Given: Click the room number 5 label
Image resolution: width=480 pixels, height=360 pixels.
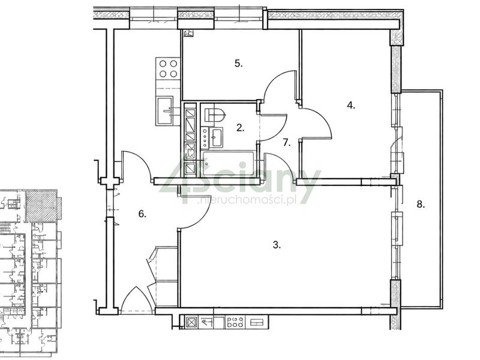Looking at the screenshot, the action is pyautogui.click(x=238, y=64).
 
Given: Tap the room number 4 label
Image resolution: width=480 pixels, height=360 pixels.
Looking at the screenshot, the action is pyautogui.click(x=351, y=106).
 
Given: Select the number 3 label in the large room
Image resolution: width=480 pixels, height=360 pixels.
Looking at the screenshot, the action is pyautogui.click(x=277, y=245).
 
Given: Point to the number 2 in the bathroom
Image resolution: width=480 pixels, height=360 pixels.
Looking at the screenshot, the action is pyautogui.click(x=241, y=128).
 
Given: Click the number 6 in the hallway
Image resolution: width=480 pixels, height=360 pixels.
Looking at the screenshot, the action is pyautogui.click(x=142, y=214).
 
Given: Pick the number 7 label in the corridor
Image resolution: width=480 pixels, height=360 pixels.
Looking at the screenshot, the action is pyautogui.click(x=287, y=142).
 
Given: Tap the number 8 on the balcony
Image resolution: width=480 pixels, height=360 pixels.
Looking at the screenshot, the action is pyautogui.click(x=421, y=204).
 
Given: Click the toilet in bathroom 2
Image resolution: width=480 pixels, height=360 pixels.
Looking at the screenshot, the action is pyautogui.click(x=215, y=115).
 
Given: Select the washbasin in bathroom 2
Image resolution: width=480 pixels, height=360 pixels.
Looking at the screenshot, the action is pyautogui.click(x=217, y=137).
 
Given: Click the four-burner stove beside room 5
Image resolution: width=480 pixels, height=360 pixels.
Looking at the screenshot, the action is pyautogui.click(x=168, y=68).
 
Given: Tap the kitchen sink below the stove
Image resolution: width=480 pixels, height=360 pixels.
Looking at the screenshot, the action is pyautogui.click(x=164, y=110).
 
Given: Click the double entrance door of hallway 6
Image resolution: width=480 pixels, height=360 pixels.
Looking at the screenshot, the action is pyautogui.click(x=137, y=298).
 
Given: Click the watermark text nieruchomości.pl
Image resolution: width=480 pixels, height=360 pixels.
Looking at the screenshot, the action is pyautogui.click(x=247, y=200).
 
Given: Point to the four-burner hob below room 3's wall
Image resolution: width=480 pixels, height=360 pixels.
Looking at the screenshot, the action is pyautogui.click(x=235, y=322).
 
